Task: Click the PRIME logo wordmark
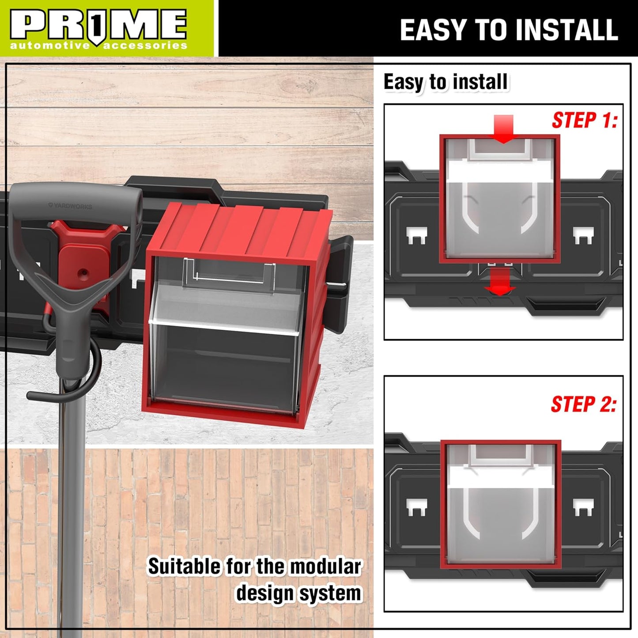(x=98, y=24)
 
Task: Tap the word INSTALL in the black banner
(x=566, y=30)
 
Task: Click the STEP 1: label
(x=584, y=120)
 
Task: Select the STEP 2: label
(x=583, y=404)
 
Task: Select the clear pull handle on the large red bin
(x=230, y=272)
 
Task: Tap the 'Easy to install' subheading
(x=445, y=82)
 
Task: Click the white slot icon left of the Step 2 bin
(x=416, y=507)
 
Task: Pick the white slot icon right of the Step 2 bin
(x=583, y=507)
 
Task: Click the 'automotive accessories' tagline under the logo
(x=98, y=46)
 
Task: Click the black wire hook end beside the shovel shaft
(x=35, y=394)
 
